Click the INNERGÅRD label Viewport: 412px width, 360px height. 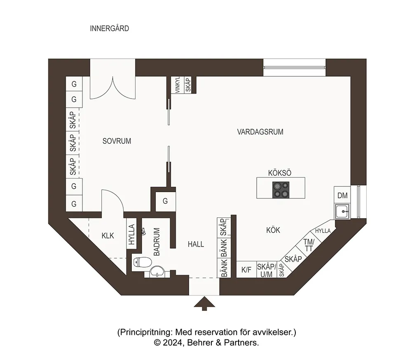tap(109, 28)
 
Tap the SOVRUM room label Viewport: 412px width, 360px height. tap(117, 141)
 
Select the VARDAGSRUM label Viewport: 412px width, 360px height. tap(260, 132)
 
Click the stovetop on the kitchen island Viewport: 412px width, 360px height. tap(281, 190)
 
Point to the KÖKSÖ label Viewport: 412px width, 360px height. tap(280, 173)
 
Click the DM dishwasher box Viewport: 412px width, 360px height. tap(342, 195)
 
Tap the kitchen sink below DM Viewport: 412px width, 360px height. tap(342, 212)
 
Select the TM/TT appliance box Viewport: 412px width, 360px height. tap(309, 245)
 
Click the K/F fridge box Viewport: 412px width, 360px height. tap(246, 270)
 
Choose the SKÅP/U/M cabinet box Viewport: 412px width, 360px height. tap(267, 270)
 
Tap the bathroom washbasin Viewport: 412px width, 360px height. tap(158, 271)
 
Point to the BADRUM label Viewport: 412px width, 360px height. tap(157, 242)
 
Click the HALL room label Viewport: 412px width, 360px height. tap(196, 244)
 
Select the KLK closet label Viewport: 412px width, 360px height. tap(108, 236)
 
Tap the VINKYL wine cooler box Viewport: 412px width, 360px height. tap(178, 85)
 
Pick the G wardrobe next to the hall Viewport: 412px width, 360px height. tap(165, 201)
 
